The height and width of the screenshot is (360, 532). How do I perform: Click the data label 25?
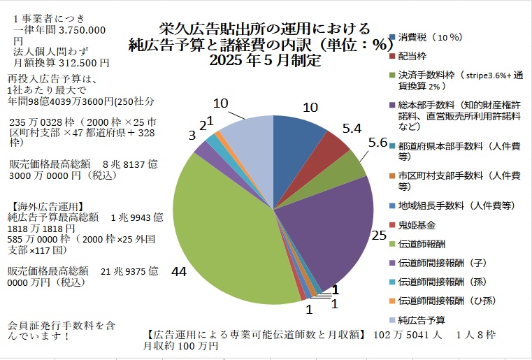(379, 236)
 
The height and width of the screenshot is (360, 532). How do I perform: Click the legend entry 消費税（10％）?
(429, 36)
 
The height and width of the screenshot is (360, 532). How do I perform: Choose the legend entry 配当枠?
(412, 55)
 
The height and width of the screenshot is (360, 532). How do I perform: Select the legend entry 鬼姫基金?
(417, 225)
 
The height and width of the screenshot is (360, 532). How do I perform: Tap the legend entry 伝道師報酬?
(421, 244)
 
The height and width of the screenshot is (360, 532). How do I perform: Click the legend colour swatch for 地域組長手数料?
(393, 206)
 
